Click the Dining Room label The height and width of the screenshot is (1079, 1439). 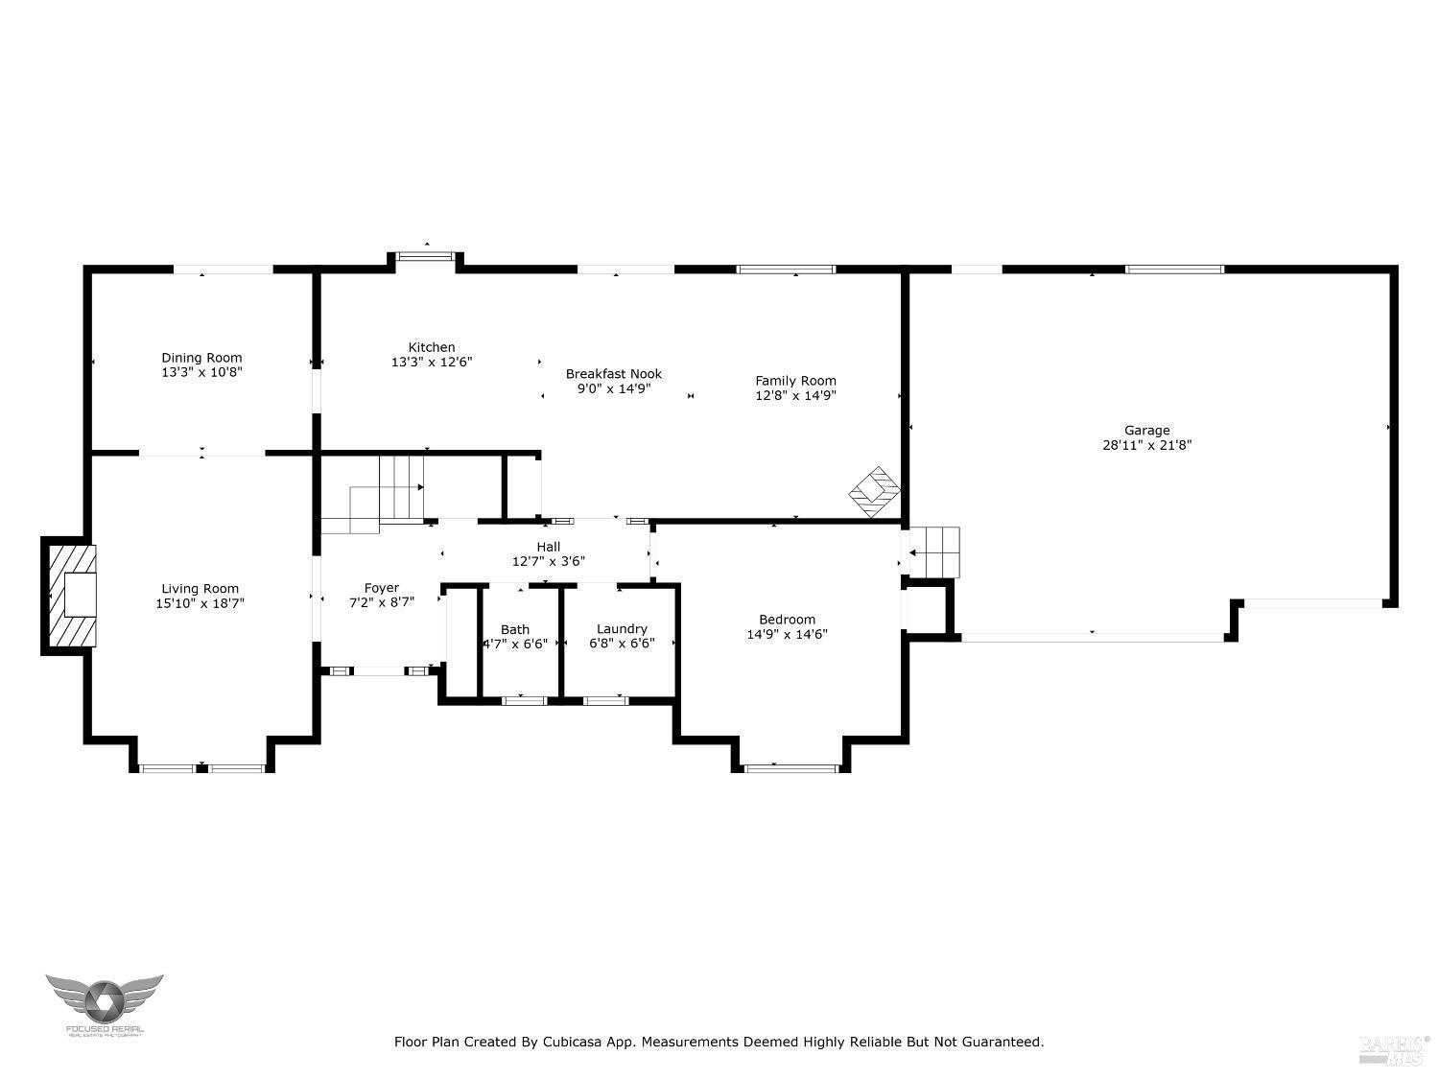coord(201,358)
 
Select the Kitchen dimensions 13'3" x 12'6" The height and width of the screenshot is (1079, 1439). coord(432,363)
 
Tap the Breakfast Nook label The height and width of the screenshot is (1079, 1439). coord(613,374)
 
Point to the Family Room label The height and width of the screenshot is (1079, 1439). coord(795,381)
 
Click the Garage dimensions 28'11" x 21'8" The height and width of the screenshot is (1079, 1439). coord(1146,445)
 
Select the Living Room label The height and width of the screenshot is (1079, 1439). coord(200,589)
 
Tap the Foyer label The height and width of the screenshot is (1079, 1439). coord(381,588)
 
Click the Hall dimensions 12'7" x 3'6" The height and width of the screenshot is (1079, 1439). coord(548,562)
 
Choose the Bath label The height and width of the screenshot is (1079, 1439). coord(514,629)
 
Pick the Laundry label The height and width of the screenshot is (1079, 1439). coord(622,629)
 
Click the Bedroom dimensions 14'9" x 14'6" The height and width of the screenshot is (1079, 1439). coord(787,634)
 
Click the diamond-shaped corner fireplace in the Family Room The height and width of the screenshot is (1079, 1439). coord(874,492)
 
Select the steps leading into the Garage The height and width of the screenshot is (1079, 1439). coord(933,552)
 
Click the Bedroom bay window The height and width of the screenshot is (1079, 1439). coord(791,767)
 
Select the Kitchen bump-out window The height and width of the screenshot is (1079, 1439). coord(426,256)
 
